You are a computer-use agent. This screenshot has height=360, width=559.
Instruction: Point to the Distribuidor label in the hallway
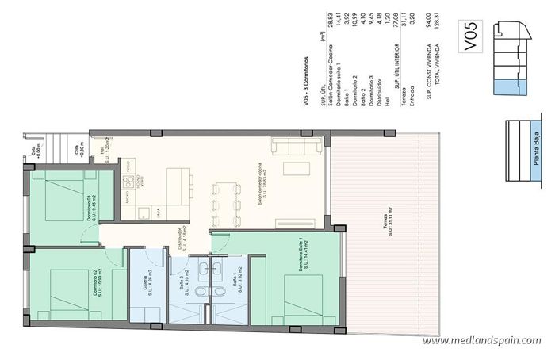[x=182, y=241]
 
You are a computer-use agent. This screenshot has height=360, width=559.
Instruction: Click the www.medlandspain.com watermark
[x=481, y=340]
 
